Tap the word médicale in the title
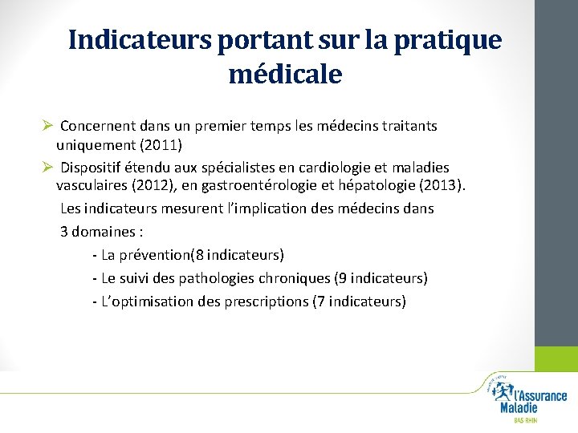coord(285,75)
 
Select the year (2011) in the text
coord(159,145)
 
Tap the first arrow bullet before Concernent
coord(47,126)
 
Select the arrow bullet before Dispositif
coord(47,167)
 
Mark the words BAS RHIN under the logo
coord(526,419)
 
